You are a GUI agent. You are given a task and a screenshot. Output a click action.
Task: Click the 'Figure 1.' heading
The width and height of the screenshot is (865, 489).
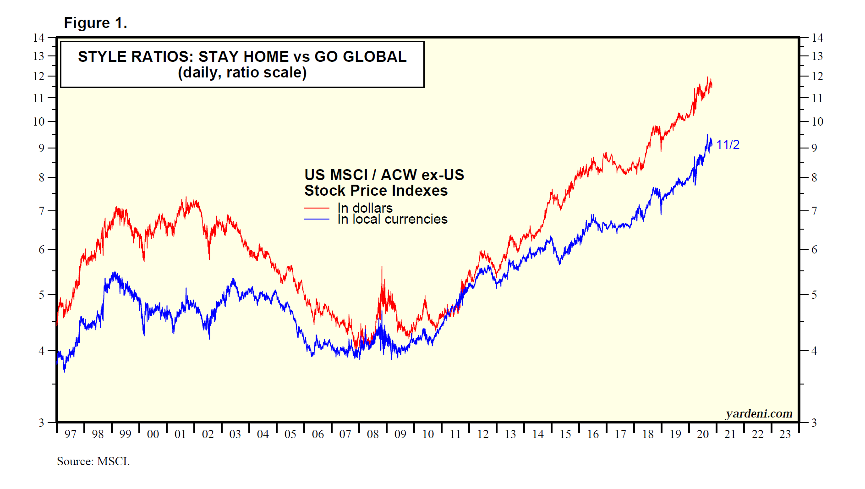pos(95,23)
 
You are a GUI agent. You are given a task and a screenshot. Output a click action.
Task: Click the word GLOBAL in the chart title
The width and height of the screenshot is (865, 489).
pos(374,56)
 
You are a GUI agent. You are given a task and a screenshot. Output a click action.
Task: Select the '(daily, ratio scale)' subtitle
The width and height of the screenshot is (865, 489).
pos(242,72)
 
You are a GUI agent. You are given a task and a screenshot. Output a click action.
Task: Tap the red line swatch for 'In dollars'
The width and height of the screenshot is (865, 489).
pos(316,208)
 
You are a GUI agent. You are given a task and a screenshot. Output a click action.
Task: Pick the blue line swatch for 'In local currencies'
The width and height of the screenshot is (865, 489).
pos(316,220)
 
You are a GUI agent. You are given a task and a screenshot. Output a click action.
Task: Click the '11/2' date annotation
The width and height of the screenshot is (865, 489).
pos(728,145)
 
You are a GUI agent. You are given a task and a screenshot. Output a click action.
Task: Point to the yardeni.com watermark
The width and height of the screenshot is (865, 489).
pos(759,413)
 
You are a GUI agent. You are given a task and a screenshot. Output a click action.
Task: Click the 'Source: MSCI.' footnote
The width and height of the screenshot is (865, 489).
pos(93,461)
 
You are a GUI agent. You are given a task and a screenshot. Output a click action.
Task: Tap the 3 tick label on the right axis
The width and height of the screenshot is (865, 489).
pos(814,423)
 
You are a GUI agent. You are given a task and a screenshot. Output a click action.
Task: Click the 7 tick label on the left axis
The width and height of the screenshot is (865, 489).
pos(41,211)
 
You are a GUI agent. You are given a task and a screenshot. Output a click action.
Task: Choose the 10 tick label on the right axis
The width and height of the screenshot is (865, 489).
pos(817,121)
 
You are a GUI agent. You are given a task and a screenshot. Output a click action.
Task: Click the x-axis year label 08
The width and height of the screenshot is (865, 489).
pos(373,434)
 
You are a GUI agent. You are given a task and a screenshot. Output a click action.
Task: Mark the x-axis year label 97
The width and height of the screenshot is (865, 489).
pos(70,434)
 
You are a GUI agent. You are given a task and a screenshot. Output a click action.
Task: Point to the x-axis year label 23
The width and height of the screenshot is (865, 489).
pos(785,434)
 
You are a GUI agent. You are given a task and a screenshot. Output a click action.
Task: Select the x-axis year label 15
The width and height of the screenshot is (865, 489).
pos(565,434)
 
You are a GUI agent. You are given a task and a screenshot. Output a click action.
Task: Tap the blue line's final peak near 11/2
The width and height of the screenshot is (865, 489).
pos(707,135)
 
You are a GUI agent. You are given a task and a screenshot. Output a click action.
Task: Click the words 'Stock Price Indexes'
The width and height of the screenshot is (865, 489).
pos(376,191)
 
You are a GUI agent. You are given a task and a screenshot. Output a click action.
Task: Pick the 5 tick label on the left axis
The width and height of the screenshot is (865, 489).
pos(41,295)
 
